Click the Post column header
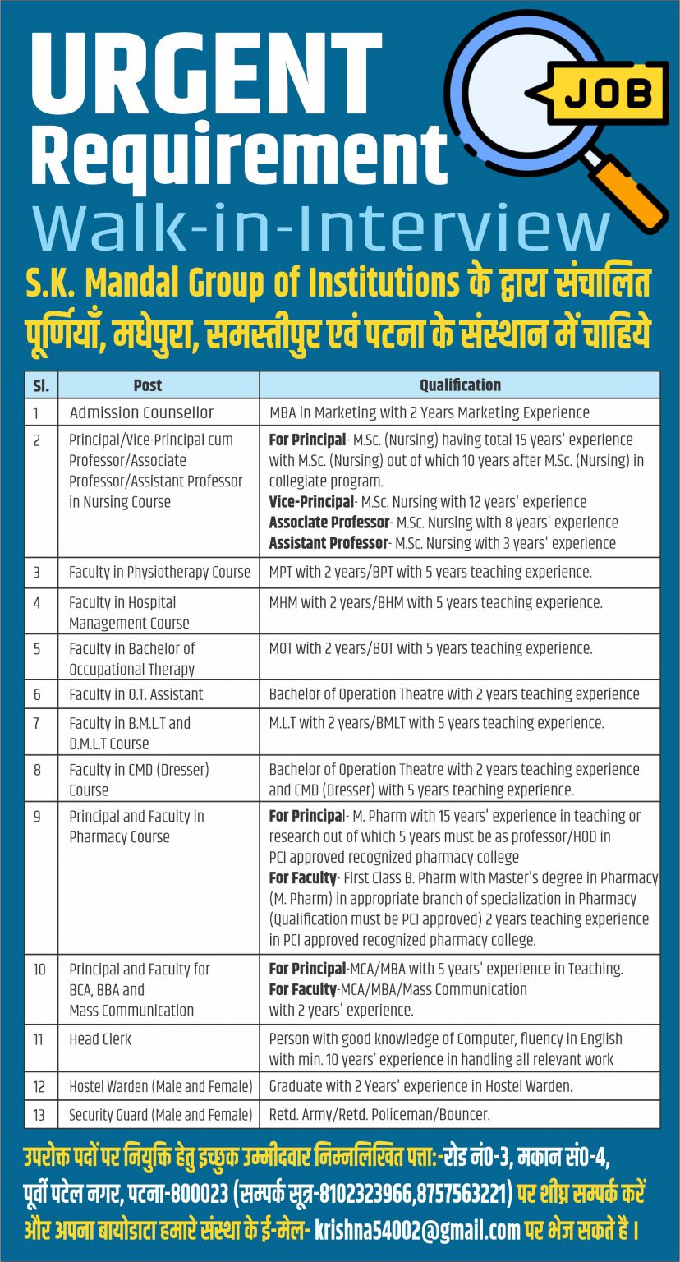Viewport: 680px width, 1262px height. (148, 385)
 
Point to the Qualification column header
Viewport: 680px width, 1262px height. (460, 385)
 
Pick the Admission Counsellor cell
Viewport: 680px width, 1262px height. (141, 412)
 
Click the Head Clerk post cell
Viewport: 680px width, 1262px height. (100, 1039)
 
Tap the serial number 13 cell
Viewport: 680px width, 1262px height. (39, 1115)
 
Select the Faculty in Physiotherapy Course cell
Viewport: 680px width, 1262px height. (159, 572)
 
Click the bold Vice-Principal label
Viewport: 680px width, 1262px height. (311, 502)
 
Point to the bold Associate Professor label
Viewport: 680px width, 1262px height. (329, 523)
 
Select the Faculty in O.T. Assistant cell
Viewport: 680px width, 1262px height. (136, 694)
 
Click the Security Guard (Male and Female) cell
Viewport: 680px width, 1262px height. (160, 1115)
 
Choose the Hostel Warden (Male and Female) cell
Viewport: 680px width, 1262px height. (160, 1086)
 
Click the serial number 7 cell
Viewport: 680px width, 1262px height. (38, 723)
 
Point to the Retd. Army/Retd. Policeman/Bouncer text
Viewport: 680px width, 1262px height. (379, 1115)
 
